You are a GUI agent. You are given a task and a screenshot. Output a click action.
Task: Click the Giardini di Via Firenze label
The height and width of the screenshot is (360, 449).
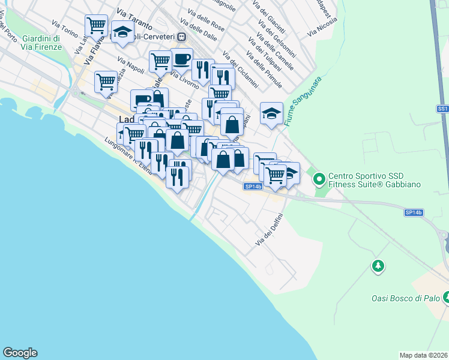coord(41,41)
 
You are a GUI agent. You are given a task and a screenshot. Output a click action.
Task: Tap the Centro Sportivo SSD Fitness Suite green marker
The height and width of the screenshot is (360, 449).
coord(319,178)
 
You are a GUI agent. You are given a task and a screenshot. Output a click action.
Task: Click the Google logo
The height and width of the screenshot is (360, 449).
coord(20,353)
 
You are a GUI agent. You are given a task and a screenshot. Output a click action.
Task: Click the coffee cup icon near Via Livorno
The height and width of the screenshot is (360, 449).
coord(182,59)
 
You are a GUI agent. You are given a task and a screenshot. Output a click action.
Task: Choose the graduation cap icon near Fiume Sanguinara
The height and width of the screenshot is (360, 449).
coord(271,113)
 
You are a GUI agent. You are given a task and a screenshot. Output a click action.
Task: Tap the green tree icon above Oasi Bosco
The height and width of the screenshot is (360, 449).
coord(378,265)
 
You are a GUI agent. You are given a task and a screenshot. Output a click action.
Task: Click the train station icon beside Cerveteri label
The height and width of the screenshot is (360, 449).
coord(181,37)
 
